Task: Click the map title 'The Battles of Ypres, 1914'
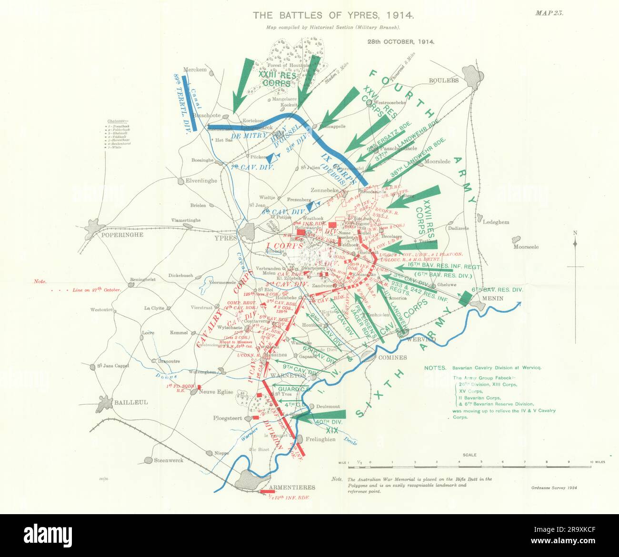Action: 333,15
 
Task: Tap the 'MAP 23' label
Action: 549,13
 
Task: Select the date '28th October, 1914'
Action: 400,41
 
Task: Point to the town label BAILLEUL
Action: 131,402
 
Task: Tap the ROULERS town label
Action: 444,80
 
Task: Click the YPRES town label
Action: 225,238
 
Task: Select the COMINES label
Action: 393,358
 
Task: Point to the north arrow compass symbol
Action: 575,243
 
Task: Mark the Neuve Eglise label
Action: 219,392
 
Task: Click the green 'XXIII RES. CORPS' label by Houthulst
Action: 278,79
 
